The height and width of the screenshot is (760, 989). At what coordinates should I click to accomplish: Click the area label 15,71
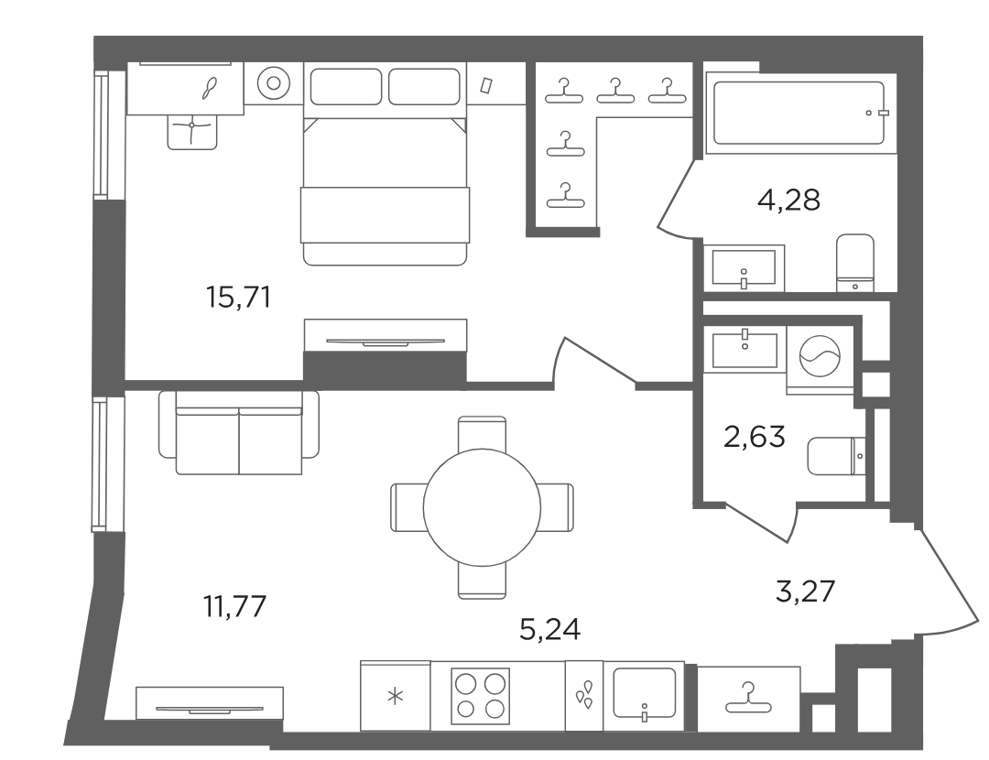click(x=238, y=297)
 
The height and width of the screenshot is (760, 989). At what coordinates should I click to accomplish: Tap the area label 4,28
click(x=788, y=201)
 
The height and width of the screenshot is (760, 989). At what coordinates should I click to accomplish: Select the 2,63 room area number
click(x=755, y=437)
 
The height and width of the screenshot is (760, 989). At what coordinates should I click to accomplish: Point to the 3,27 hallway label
click(x=806, y=592)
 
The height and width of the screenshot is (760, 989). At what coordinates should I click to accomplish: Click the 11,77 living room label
click(x=234, y=607)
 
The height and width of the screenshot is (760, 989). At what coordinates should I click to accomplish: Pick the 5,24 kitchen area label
click(x=550, y=629)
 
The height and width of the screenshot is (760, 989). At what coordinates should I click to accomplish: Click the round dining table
click(x=482, y=507)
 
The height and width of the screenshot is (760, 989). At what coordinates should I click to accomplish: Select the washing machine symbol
click(x=820, y=355)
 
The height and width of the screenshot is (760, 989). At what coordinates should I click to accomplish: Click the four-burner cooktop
click(x=481, y=696)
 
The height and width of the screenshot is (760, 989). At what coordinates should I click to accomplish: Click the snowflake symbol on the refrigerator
click(x=396, y=697)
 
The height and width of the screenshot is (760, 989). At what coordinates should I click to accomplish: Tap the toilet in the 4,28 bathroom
click(x=855, y=263)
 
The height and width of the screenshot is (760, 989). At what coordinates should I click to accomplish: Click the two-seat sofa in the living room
click(x=239, y=433)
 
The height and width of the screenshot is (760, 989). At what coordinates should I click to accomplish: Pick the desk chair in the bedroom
click(x=192, y=132)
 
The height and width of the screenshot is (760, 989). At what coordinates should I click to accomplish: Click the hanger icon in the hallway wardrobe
click(x=749, y=698)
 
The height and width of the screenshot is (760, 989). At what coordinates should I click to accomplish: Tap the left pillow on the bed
click(x=346, y=86)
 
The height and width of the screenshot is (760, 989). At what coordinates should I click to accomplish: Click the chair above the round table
click(x=482, y=433)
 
